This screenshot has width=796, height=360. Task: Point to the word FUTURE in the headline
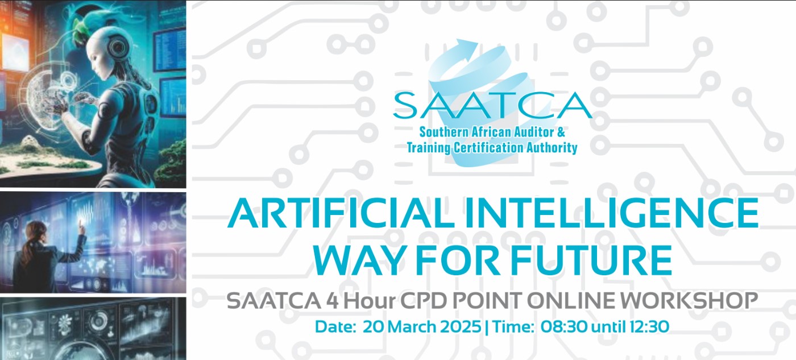pyautogui.click(x=592, y=259)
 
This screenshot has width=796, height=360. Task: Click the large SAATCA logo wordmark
pyautogui.click(x=492, y=105)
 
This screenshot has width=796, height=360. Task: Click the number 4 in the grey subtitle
pyautogui.click(x=333, y=301)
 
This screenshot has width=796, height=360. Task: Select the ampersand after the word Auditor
pyautogui.click(x=561, y=132)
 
